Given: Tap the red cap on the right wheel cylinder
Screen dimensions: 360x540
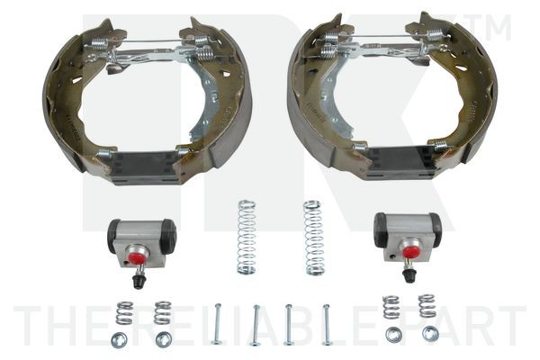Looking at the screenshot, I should [410, 252].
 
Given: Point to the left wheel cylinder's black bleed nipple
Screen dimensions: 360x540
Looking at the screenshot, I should [139, 280].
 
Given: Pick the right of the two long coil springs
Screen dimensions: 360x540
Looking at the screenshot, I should [312, 237].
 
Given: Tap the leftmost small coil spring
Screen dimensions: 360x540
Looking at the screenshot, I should [124, 312].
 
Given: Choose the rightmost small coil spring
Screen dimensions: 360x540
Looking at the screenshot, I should [426, 305].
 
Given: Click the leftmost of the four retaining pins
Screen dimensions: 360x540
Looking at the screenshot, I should [216, 324].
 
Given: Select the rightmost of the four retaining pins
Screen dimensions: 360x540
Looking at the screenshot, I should [327, 324].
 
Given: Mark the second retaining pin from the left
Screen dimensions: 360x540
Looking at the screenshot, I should [256, 325].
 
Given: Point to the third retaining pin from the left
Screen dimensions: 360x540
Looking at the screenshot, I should [289, 324].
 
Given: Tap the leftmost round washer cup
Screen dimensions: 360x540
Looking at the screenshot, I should [118, 339].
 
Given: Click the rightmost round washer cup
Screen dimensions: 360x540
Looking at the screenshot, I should [430, 333].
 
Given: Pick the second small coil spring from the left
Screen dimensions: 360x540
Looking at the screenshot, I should [163, 311].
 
